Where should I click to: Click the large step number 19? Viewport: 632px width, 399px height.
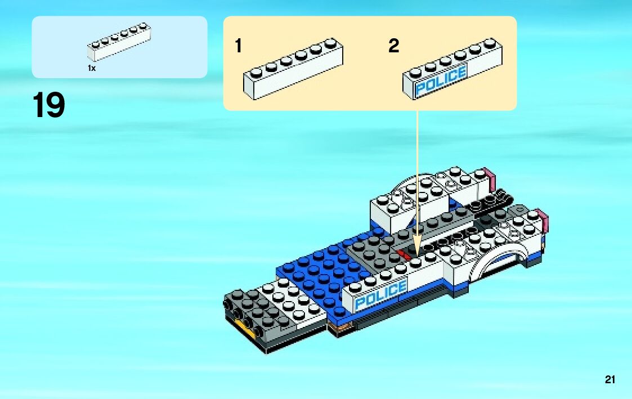click(x=48, y=106)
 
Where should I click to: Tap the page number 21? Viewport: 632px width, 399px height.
click(x=610, y=380)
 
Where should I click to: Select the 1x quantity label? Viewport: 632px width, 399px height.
click(x=91, y=68)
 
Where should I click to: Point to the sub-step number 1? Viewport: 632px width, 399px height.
click(x=239, y=46)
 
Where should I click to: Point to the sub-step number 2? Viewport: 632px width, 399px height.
click(x=393, y=46)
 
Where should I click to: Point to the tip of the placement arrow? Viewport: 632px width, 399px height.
click(x=417, y=254)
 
